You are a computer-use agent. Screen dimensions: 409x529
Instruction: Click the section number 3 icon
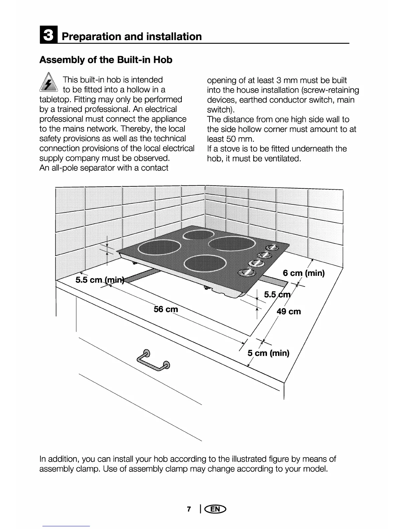coord(48,36)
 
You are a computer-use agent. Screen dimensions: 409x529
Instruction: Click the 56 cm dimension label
coord(166,309)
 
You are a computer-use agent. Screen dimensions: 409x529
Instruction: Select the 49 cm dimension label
coord(289,312)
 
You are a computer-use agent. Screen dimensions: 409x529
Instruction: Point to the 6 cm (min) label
coord(303,273)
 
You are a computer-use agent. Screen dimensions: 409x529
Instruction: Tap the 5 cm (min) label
coord(268,353)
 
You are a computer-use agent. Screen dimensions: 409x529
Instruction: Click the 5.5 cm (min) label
coord(100,280)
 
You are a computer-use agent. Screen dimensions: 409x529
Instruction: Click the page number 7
coord(189,509)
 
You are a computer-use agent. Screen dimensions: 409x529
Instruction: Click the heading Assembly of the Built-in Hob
coord(106,60)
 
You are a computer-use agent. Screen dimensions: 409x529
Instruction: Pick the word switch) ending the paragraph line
coord(220,110)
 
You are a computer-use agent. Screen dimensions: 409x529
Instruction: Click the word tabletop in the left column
coord(54,100)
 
